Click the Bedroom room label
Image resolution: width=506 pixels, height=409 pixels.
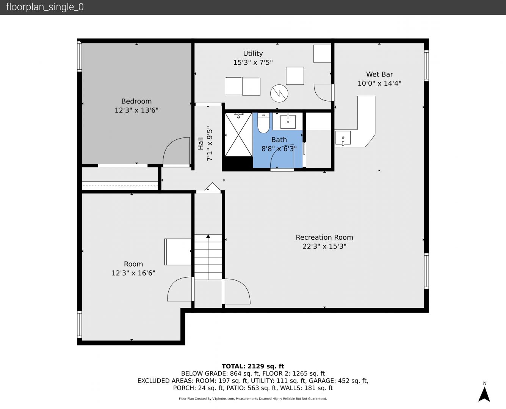point(136,101)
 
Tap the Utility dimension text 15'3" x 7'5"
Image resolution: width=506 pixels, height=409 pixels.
point(253,62)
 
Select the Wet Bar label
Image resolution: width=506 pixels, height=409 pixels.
point(379,74)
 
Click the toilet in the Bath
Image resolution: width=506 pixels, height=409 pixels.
point(263,123)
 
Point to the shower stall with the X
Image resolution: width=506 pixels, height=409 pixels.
point(238,134)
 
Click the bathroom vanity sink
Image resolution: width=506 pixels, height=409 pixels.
point(288,122)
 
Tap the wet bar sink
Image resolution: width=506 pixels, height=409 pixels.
point(343,138)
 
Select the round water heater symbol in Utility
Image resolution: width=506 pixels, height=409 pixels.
point(279,93)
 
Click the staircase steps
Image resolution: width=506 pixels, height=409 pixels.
point(208,257)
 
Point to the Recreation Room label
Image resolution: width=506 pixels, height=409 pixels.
point(324,237)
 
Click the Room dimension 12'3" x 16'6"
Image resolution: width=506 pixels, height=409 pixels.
point(133,273)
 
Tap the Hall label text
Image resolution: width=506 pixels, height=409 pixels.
point(201,144)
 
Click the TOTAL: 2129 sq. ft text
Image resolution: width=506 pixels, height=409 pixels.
point(253,366)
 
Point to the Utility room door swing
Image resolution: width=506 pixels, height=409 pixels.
point(323,92)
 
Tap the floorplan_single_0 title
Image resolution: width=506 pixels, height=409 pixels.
point(45,7)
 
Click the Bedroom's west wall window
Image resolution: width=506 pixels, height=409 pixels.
point(80,56)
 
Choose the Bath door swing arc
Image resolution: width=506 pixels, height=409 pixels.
point(282,156)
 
